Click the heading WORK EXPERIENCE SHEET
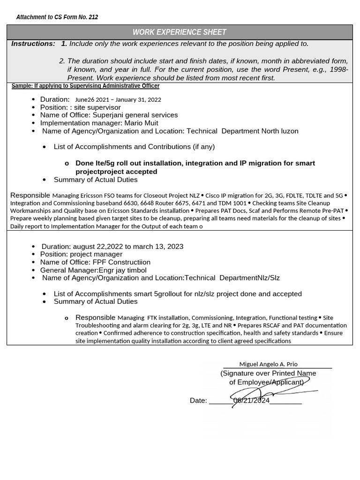[180, 32]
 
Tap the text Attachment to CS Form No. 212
[57, 17]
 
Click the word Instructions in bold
[33, 44]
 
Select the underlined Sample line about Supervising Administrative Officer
[85, 86]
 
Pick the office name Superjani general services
[135, 115]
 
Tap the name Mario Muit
[141, 123]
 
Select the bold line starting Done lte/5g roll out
[195, 163]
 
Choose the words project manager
[96, 254]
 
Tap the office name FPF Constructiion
[121, 262]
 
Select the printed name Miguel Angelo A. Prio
[268, 364]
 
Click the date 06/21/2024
[251, 400]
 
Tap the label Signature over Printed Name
[268, 373]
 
